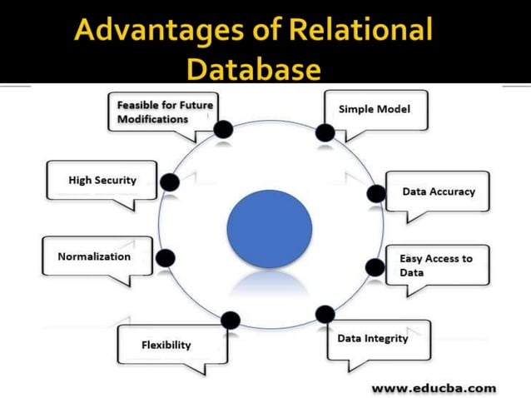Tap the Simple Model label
pos(374,109)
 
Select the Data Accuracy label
pos(438,192)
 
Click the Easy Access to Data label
pos(435,265)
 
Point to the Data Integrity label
pos(372,338)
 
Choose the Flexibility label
pos(166,344)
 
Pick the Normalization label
pos(94,256)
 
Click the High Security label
pos(102,179)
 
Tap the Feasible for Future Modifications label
pos(165,112)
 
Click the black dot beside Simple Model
pos(325,132)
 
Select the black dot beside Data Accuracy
pos(376,193)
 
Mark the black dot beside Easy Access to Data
pos(374,267)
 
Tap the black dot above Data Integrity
pos(325,314)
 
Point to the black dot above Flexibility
pos(231,320)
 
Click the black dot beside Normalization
pos(165,258)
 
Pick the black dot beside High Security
pos(169,182)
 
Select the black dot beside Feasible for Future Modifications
pos(222,129)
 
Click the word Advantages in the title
pos(157,32)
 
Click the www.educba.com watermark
pos(434,387)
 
